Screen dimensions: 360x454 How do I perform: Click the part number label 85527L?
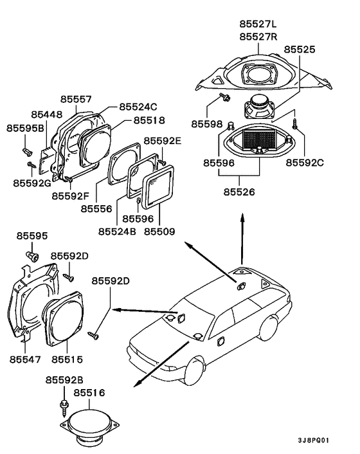pyautogui.click(x=258, y=24)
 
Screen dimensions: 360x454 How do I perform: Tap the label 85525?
pyautogui.click(x=299, y=50)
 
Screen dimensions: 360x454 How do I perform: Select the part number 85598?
pyautogui.click(x=206, y=124)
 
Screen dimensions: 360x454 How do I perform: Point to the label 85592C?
pyautogui.click(x=305, y=163)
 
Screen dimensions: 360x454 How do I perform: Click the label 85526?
pyautogui.click(x=239, y=192)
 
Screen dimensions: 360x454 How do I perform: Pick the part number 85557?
pyautogui.click(x=76, y=99)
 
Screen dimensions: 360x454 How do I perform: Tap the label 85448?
pyautogui.click(x=46, y=114)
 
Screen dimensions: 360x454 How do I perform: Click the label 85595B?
pyautogui.click(x=25, y=128)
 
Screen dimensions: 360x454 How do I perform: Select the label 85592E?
pyautogui.click(x=163, y=141)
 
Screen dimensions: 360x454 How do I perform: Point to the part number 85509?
pyautogui.click(x=159, y=232)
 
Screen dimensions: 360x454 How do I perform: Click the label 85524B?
pyautogui.click(x=117, y=232)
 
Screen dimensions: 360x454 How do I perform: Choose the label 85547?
pyautogui.click(x=25, y=359)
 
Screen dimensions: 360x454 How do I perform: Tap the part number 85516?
pyautogui.click(x=89, y=393)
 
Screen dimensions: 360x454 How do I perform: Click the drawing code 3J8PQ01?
pyautogui.click(x=314, y=440)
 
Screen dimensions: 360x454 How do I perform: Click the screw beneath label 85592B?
pyautogui.click(x=64, y=408)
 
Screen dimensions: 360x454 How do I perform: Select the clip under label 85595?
pyautogui.click(x=32, y=257)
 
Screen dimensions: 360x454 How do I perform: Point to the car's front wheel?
pyautogui.click(x=194, y=371)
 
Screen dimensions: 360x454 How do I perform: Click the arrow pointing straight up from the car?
pyautogui.click(x=242, y=239)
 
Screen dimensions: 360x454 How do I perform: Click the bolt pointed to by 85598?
pyautogui.click(x=225, y=97)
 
